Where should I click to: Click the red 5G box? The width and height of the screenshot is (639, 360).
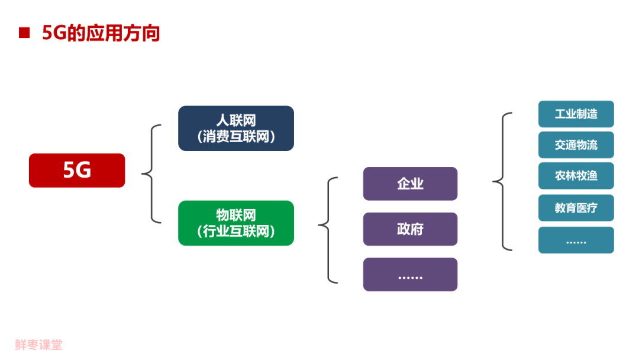[x=77, y=171]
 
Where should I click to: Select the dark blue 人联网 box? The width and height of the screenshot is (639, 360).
[x=236, y=128]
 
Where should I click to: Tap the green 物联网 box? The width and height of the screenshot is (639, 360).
[x=236, y=223]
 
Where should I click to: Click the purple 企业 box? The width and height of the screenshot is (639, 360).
[x=410, y=184]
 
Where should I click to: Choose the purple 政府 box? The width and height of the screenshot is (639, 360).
[x=410, y=229]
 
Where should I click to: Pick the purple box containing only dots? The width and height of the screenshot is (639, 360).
[x=410, y=274]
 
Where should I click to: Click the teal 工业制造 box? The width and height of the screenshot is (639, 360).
[x=576, y=114]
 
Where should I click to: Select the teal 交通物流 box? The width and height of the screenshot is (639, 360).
[x=576, y=145]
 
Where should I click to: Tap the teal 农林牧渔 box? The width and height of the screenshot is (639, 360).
[x=576, y=176]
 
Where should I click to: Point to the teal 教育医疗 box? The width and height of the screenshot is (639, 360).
[x=576, y=207]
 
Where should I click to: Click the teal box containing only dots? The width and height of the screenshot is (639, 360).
[x=576, y=240]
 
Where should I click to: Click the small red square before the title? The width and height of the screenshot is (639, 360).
[x=24, y=33]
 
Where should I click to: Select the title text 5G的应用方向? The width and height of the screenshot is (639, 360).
[x=101, y=33]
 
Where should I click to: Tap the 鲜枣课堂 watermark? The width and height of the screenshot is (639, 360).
[x=39, y=345]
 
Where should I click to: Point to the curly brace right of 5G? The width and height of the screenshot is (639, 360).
[x=151, y=173]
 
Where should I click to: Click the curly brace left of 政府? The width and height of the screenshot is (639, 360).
[x=328, y=229]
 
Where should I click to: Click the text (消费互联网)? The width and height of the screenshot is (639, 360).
[x=236, y=137]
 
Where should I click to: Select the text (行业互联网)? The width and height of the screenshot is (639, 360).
[x=236, y=232]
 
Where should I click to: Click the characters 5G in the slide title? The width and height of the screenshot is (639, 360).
[x=53, y=33]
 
